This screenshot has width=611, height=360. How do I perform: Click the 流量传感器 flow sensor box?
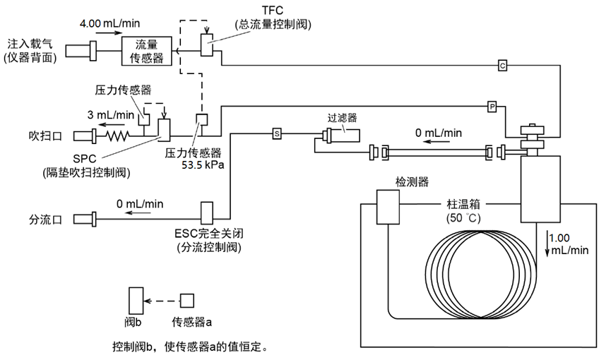coord(146,51)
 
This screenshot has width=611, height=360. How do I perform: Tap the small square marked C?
coord(503,66)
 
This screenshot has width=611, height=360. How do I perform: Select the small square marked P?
coord(492,107)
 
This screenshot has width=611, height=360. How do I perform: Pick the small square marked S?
coord(277,134)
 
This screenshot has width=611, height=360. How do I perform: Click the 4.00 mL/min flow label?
coord(110,23)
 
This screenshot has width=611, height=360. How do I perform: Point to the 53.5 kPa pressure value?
coord(203,164)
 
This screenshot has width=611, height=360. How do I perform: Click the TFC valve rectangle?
coord(207,44)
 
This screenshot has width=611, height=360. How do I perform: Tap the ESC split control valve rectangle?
coord(207,213)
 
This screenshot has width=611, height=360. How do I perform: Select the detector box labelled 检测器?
coord(388,207)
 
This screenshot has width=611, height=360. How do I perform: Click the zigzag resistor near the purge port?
coord(118,136)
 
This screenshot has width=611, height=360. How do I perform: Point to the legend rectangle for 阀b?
coord(136,301)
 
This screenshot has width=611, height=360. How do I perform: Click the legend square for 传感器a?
coord(187,301)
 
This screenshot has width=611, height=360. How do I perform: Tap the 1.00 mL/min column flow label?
coord(569,244)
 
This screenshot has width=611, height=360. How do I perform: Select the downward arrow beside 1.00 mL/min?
coord(547,244)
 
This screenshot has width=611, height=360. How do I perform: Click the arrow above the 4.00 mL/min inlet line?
coord(109,33)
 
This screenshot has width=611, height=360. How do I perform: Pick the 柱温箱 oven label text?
coord(463,204)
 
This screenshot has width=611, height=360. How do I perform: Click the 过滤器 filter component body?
coord(340,136)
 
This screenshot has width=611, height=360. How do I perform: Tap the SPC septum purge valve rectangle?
coord(164,130)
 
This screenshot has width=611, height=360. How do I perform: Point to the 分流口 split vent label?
coord(46,220)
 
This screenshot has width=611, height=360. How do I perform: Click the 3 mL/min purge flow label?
coord(111,115)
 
